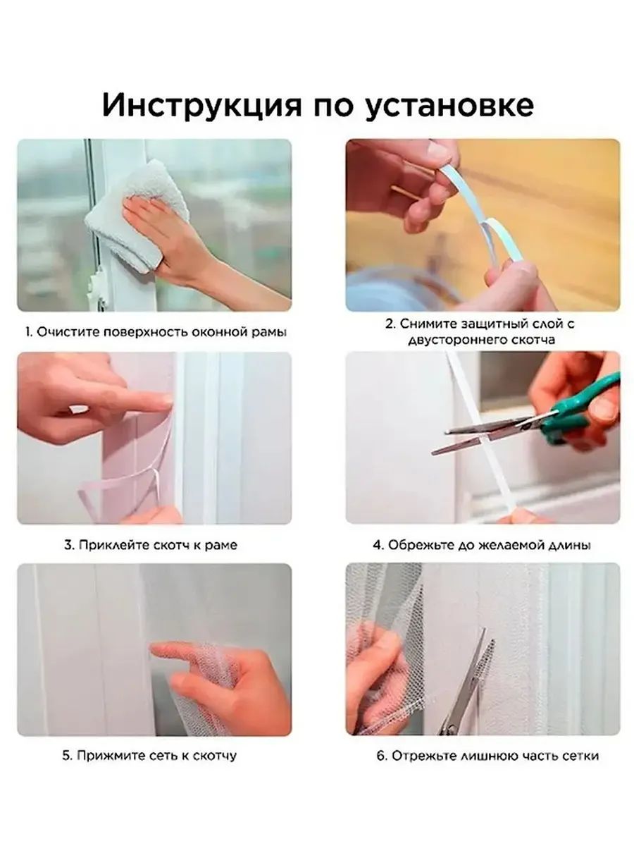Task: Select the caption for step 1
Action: tap(156, 332)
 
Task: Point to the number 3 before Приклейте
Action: tap(68, 545)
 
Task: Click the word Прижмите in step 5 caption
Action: tap(106, 755)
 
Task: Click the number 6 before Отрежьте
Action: tap(380, 756)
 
